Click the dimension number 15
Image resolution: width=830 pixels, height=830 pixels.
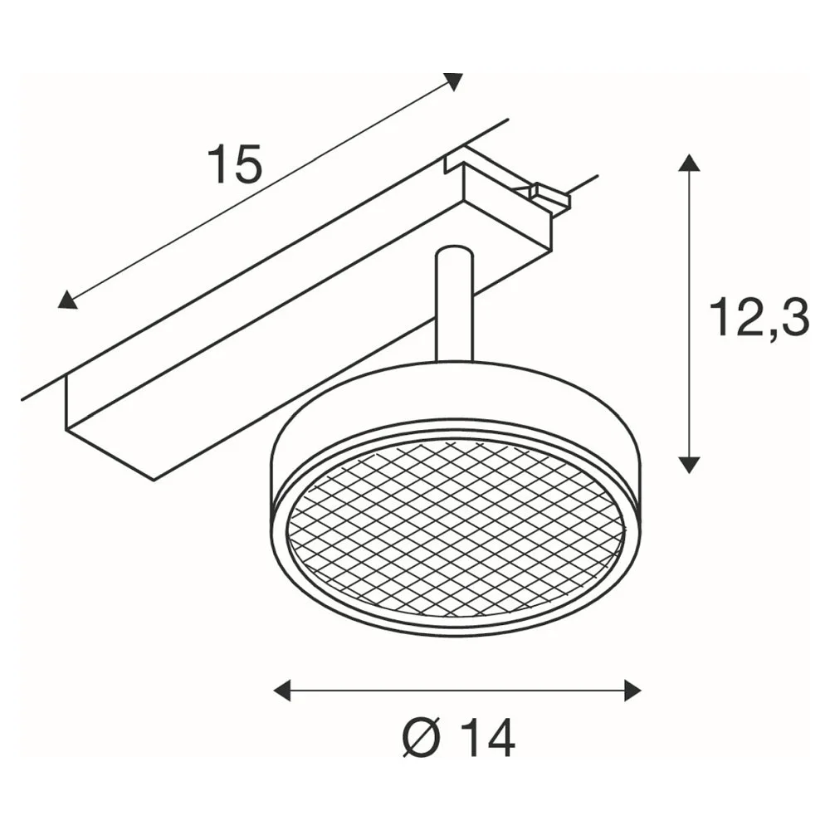[x=235, y=164]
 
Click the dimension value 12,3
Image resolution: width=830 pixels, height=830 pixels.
[x=760, y=318]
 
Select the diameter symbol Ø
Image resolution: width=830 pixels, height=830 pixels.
[x=422, y=739]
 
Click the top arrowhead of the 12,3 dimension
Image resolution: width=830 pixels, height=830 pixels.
[x=688, y=163]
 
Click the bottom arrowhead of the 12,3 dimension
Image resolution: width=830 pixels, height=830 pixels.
[x=688, y=464]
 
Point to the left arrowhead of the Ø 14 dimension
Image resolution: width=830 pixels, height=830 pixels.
[x=282, y=691]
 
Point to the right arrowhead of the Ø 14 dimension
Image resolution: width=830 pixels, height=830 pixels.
[x=633, y=691]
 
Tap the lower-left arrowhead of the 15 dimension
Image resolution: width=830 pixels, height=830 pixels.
[x=66, y=300]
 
